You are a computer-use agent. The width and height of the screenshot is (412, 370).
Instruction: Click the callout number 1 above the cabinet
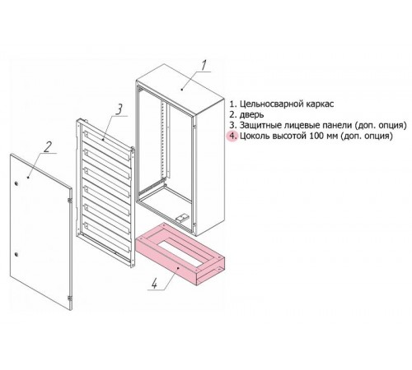pos(204,66)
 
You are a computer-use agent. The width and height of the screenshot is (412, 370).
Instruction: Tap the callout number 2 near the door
pos(47,146)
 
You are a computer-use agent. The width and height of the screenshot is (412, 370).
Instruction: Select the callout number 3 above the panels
pos(119,109)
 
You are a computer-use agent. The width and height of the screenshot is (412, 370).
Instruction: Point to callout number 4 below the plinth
pos(154,283)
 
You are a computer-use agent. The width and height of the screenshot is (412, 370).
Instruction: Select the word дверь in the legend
pos(252,115)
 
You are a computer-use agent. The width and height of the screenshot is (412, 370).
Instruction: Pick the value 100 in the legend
pos(317,136)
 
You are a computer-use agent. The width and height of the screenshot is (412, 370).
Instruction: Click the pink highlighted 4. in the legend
pos(232,136)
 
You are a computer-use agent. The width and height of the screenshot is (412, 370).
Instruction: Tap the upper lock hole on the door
pos(16,184)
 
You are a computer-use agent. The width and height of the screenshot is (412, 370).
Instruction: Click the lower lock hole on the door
pos(16,255)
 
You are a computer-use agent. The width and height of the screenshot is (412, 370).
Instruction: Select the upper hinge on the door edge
pos(70,201)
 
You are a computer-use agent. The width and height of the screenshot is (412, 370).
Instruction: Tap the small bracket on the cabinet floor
pos(181,218)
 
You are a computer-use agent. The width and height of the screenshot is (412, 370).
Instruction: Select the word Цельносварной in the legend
pos(269,104)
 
